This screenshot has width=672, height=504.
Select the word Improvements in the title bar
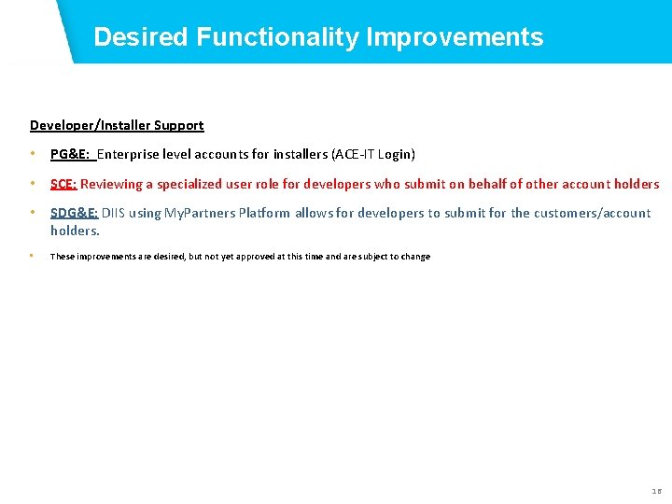point(455,37)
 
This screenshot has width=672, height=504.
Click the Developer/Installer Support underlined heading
point(117,125)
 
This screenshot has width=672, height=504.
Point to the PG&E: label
point(69,154)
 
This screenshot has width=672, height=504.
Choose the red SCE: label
point(63,184)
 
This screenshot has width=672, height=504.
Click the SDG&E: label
point(74,213)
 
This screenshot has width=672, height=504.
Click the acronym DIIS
point(113,213)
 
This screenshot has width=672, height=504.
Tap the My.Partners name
point(198,213)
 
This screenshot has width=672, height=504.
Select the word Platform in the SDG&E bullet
point(264,213)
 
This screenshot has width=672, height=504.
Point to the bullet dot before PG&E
point(33,154)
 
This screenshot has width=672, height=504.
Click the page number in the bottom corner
point(655,491)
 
